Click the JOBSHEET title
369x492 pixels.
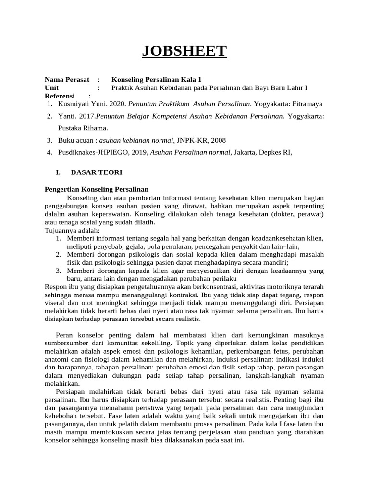coord(184,50)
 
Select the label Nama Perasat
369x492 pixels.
coord(67,79)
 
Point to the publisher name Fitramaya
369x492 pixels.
coord(305,104)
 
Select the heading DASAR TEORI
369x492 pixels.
coord(97,172)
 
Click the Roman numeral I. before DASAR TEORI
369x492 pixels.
coord(58,172)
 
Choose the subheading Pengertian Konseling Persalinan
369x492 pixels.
coord(97,189)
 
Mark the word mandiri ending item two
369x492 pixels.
coord(275,262)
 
